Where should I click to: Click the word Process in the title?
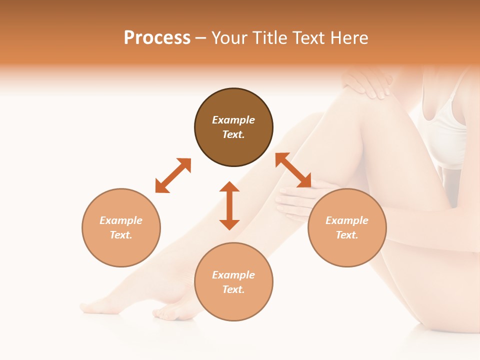[157, 38]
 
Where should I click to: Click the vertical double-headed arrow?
[229, 205]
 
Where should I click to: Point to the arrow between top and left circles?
[173, 175]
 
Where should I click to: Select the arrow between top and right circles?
[293, 170]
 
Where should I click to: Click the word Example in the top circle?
[233, 120]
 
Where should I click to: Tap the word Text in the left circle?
[121, 235]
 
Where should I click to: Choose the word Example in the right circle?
[347, 220]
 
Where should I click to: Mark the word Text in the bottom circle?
[233, 290]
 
